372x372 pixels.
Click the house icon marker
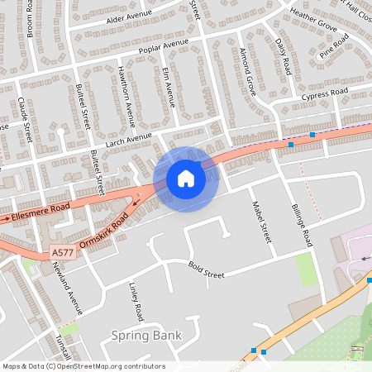pyautogui.click(x=185, y=179)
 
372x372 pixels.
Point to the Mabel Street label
pyautogui.click(x=260, y=222)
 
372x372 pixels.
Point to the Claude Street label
pyautogui.click(x=24, y=119)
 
